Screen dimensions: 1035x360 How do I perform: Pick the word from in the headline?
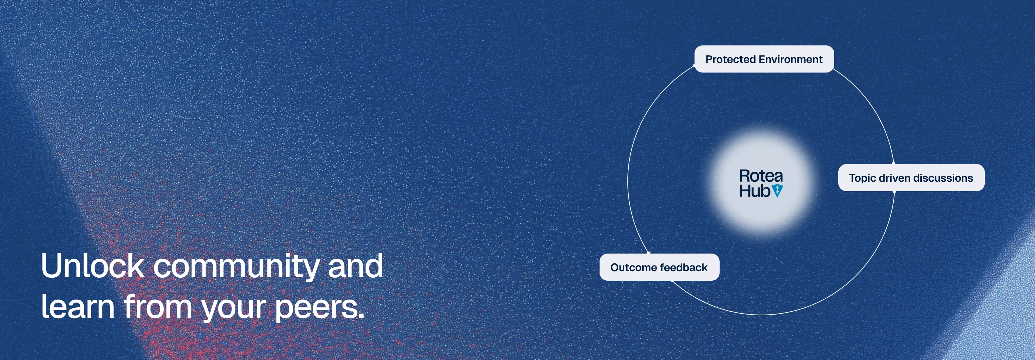click(x=158, y=306)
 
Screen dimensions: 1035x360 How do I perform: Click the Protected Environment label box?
click(x=764, y=59)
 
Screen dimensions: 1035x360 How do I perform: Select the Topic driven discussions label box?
click(x=911, y=178)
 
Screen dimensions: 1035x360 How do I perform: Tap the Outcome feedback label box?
click(x=659, y=267)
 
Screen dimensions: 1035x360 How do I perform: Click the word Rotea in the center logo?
click(x=761, y=176)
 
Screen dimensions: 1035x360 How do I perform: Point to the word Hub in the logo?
click(x=755, y=191)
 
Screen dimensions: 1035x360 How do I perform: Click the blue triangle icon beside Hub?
click(x=778, y=191)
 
